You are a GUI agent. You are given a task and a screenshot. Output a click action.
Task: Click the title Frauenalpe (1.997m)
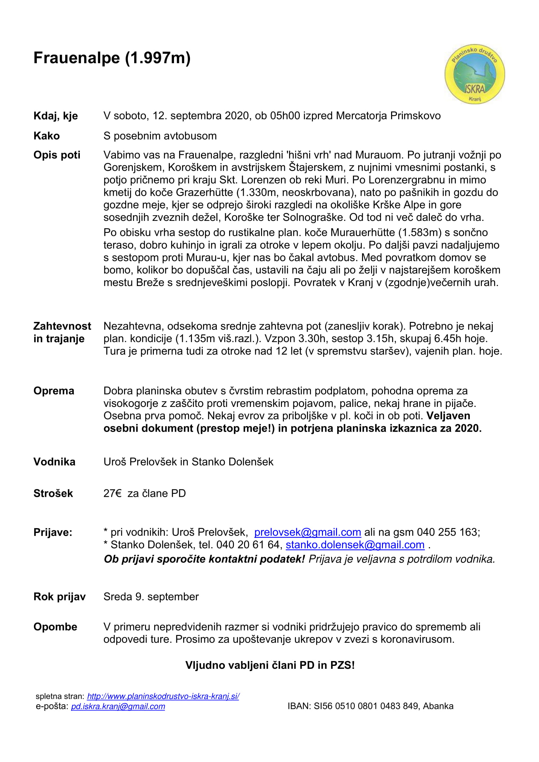112,58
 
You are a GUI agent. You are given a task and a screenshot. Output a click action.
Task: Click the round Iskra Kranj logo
474,74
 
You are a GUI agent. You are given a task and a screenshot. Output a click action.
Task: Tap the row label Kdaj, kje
55,116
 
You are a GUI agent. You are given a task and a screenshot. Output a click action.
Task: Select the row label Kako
47,136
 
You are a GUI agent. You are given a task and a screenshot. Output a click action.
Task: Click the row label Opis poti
57,155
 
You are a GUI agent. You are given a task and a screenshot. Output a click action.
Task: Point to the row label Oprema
54,391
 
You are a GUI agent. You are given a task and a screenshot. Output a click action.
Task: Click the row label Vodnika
54,462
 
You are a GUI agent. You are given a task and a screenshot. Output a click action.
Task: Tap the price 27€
112,493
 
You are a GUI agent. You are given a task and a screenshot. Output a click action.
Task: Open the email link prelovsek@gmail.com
307,532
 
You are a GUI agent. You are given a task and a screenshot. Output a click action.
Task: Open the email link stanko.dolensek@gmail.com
355,545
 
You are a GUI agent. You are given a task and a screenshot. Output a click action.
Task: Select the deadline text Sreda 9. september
151,597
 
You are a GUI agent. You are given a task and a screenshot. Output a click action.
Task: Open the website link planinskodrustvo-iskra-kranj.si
163,696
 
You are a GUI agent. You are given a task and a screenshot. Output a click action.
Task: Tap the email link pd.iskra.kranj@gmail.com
118,706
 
